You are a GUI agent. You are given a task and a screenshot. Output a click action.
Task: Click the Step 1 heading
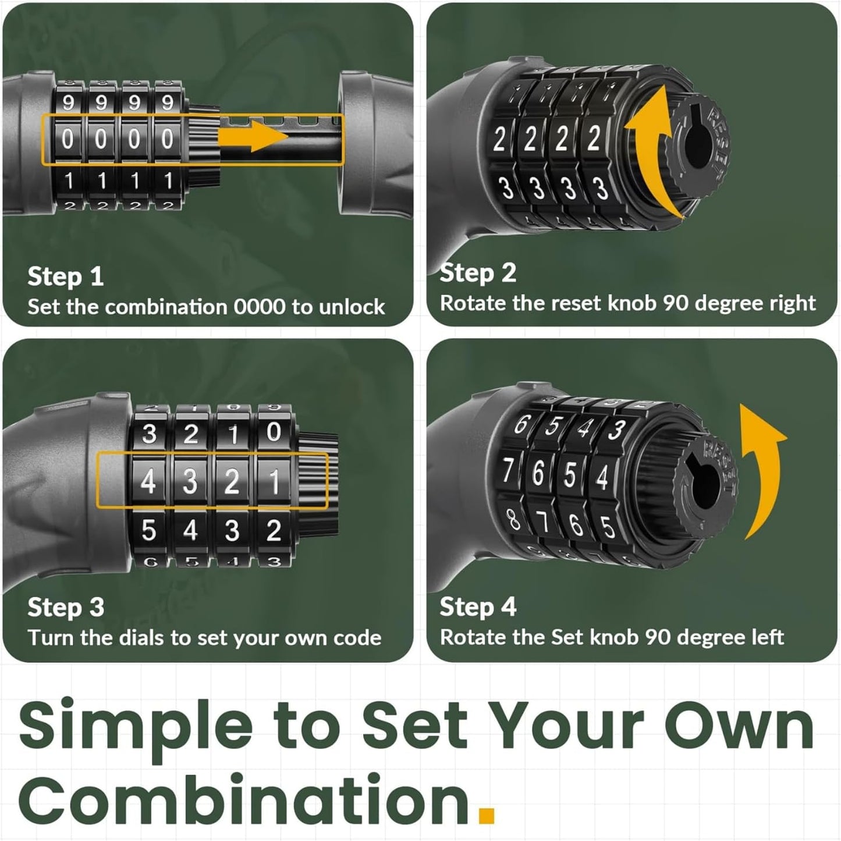[65, 276]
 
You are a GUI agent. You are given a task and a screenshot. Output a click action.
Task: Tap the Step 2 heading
[478, 273]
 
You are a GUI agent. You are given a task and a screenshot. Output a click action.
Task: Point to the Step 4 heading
[478, 606]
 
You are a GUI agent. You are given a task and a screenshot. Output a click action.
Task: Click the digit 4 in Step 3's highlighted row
[148, 482]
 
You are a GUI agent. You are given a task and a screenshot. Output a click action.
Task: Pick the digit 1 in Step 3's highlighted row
[274, 482]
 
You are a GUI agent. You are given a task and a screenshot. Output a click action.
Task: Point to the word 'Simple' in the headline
[136, 733]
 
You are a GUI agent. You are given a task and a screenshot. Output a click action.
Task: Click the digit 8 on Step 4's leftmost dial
[513, 520]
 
